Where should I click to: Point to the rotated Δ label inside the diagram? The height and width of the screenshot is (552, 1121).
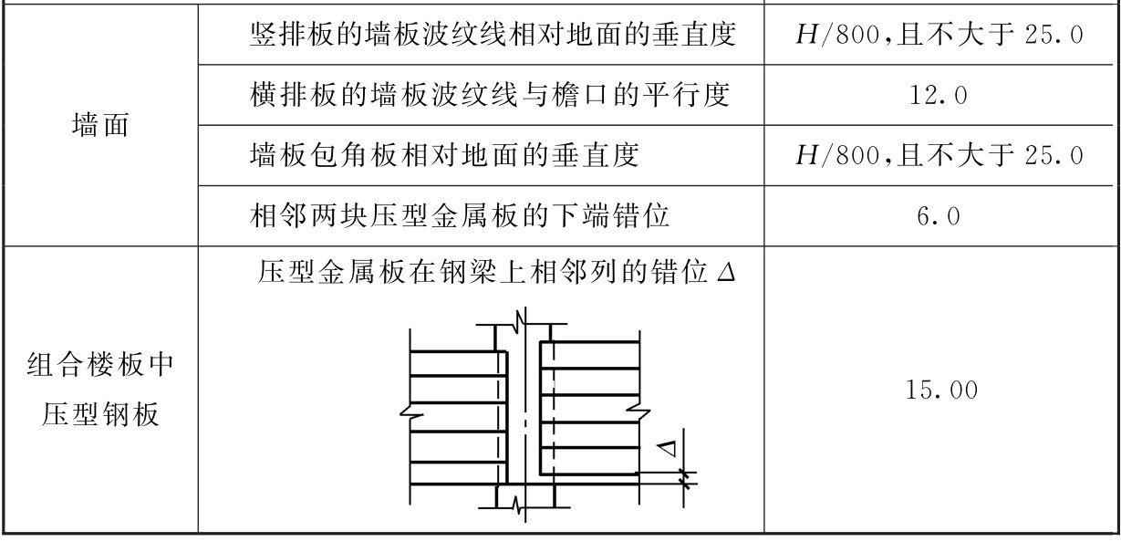point(669,449)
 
